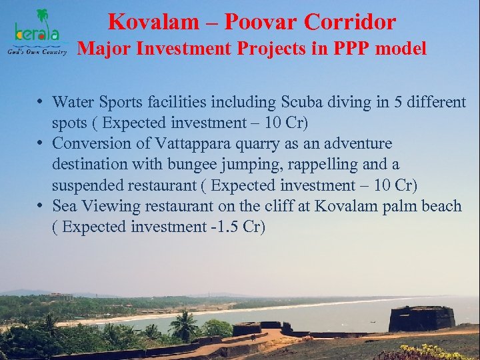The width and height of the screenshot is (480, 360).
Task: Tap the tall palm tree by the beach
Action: tap(183, 325)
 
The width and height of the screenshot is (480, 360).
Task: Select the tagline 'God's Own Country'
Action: tap(37, 52)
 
